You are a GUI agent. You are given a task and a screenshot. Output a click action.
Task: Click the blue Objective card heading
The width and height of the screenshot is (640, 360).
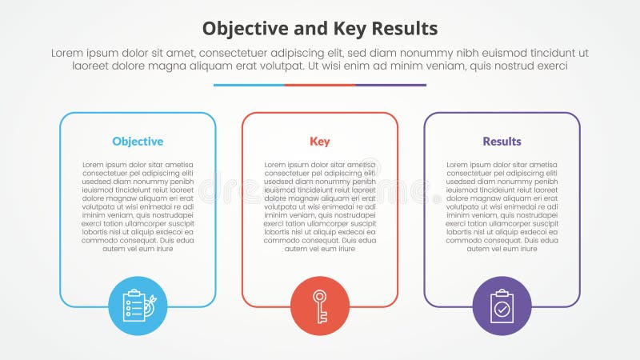coord(138,142)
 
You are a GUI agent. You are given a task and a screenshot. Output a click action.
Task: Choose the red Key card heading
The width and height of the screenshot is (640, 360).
coord(320,142)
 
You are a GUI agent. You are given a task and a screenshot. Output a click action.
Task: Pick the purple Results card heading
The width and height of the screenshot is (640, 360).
coord(502,142)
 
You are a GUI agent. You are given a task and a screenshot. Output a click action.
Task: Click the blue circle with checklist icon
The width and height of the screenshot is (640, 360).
coord(138,306)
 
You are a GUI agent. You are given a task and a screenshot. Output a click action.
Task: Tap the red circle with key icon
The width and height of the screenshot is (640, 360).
coord(320,306)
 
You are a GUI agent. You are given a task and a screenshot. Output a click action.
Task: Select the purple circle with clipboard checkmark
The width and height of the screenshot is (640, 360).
coord(502,306)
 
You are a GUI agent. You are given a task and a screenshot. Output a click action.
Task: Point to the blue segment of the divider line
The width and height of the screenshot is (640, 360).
coord(249,85)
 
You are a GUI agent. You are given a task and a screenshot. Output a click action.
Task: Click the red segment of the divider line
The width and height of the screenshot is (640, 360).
coord(320,85)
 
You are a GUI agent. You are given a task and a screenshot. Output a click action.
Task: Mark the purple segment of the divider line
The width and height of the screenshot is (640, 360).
coord(390,85)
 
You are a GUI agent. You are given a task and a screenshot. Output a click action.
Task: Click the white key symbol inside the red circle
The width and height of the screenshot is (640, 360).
coord(320,306)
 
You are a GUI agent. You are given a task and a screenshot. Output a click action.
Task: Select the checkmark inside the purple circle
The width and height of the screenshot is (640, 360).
coord(502,308)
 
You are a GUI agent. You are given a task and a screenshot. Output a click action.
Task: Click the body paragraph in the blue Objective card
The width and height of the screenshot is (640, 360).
coord(138,206)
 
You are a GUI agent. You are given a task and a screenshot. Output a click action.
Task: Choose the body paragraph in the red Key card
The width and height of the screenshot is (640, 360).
coord(320,206)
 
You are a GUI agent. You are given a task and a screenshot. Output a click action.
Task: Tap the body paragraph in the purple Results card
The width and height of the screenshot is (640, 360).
coord(502,206)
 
